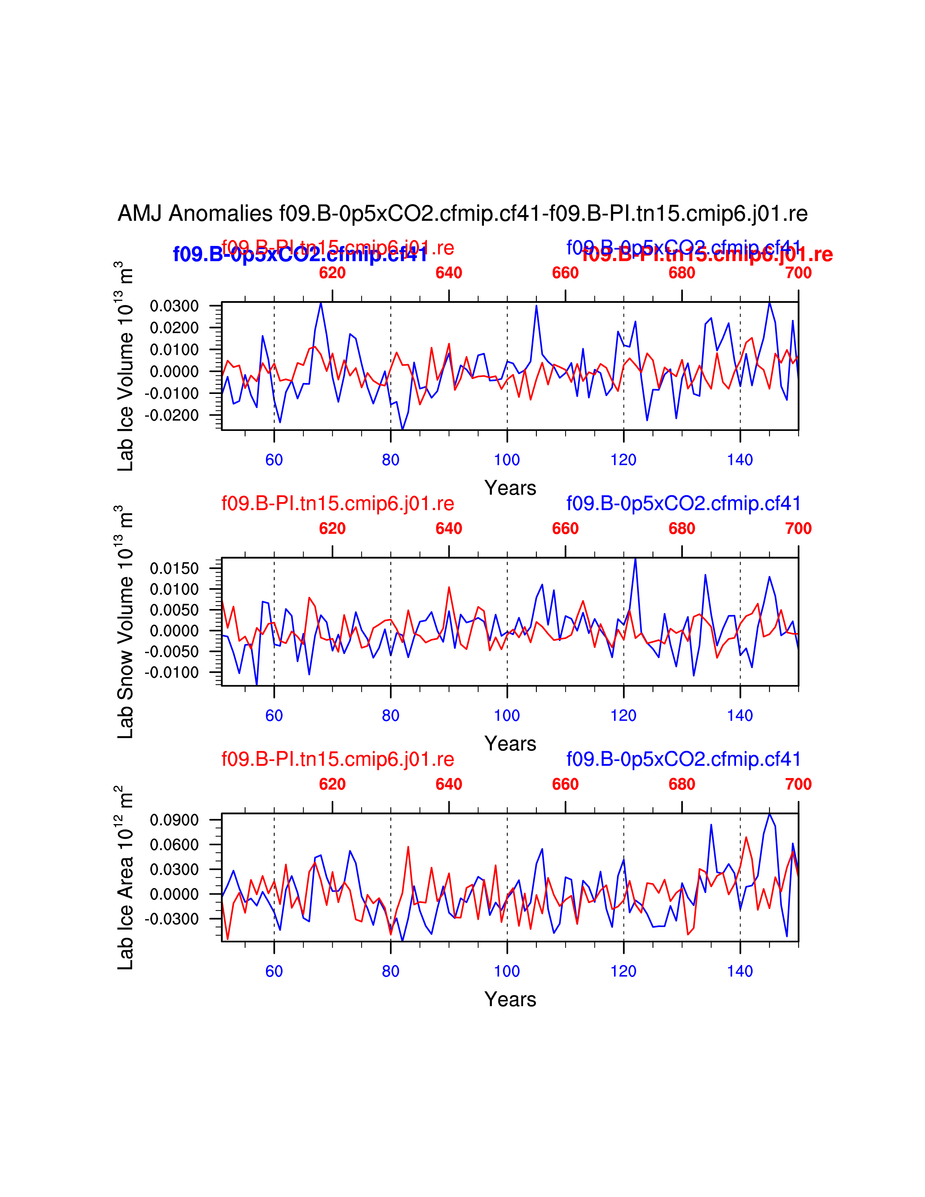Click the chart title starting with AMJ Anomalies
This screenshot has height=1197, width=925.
(462, 213)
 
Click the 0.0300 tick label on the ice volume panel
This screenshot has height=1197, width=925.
(174, 306)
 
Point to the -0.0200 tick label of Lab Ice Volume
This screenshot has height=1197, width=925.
(172, 415)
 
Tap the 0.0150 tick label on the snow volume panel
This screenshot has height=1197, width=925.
(174, 568)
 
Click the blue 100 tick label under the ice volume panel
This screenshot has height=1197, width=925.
(507, 460)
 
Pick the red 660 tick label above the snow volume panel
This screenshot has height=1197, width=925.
(565, 528)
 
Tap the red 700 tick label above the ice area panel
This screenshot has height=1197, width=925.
(798, 784)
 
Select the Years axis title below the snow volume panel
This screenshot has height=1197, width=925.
(510, 744)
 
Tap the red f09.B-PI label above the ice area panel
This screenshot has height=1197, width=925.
(338, 759)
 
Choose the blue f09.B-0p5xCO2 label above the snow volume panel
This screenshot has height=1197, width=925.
(683, 503)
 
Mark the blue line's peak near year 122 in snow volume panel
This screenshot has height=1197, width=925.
(635, 559)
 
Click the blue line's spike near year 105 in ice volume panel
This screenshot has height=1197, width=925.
(536, 305)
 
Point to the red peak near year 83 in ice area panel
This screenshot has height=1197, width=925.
(408, 847)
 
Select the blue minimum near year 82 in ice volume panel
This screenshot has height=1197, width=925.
(402, 429)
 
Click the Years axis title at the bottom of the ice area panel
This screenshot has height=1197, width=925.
(510, 1000)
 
